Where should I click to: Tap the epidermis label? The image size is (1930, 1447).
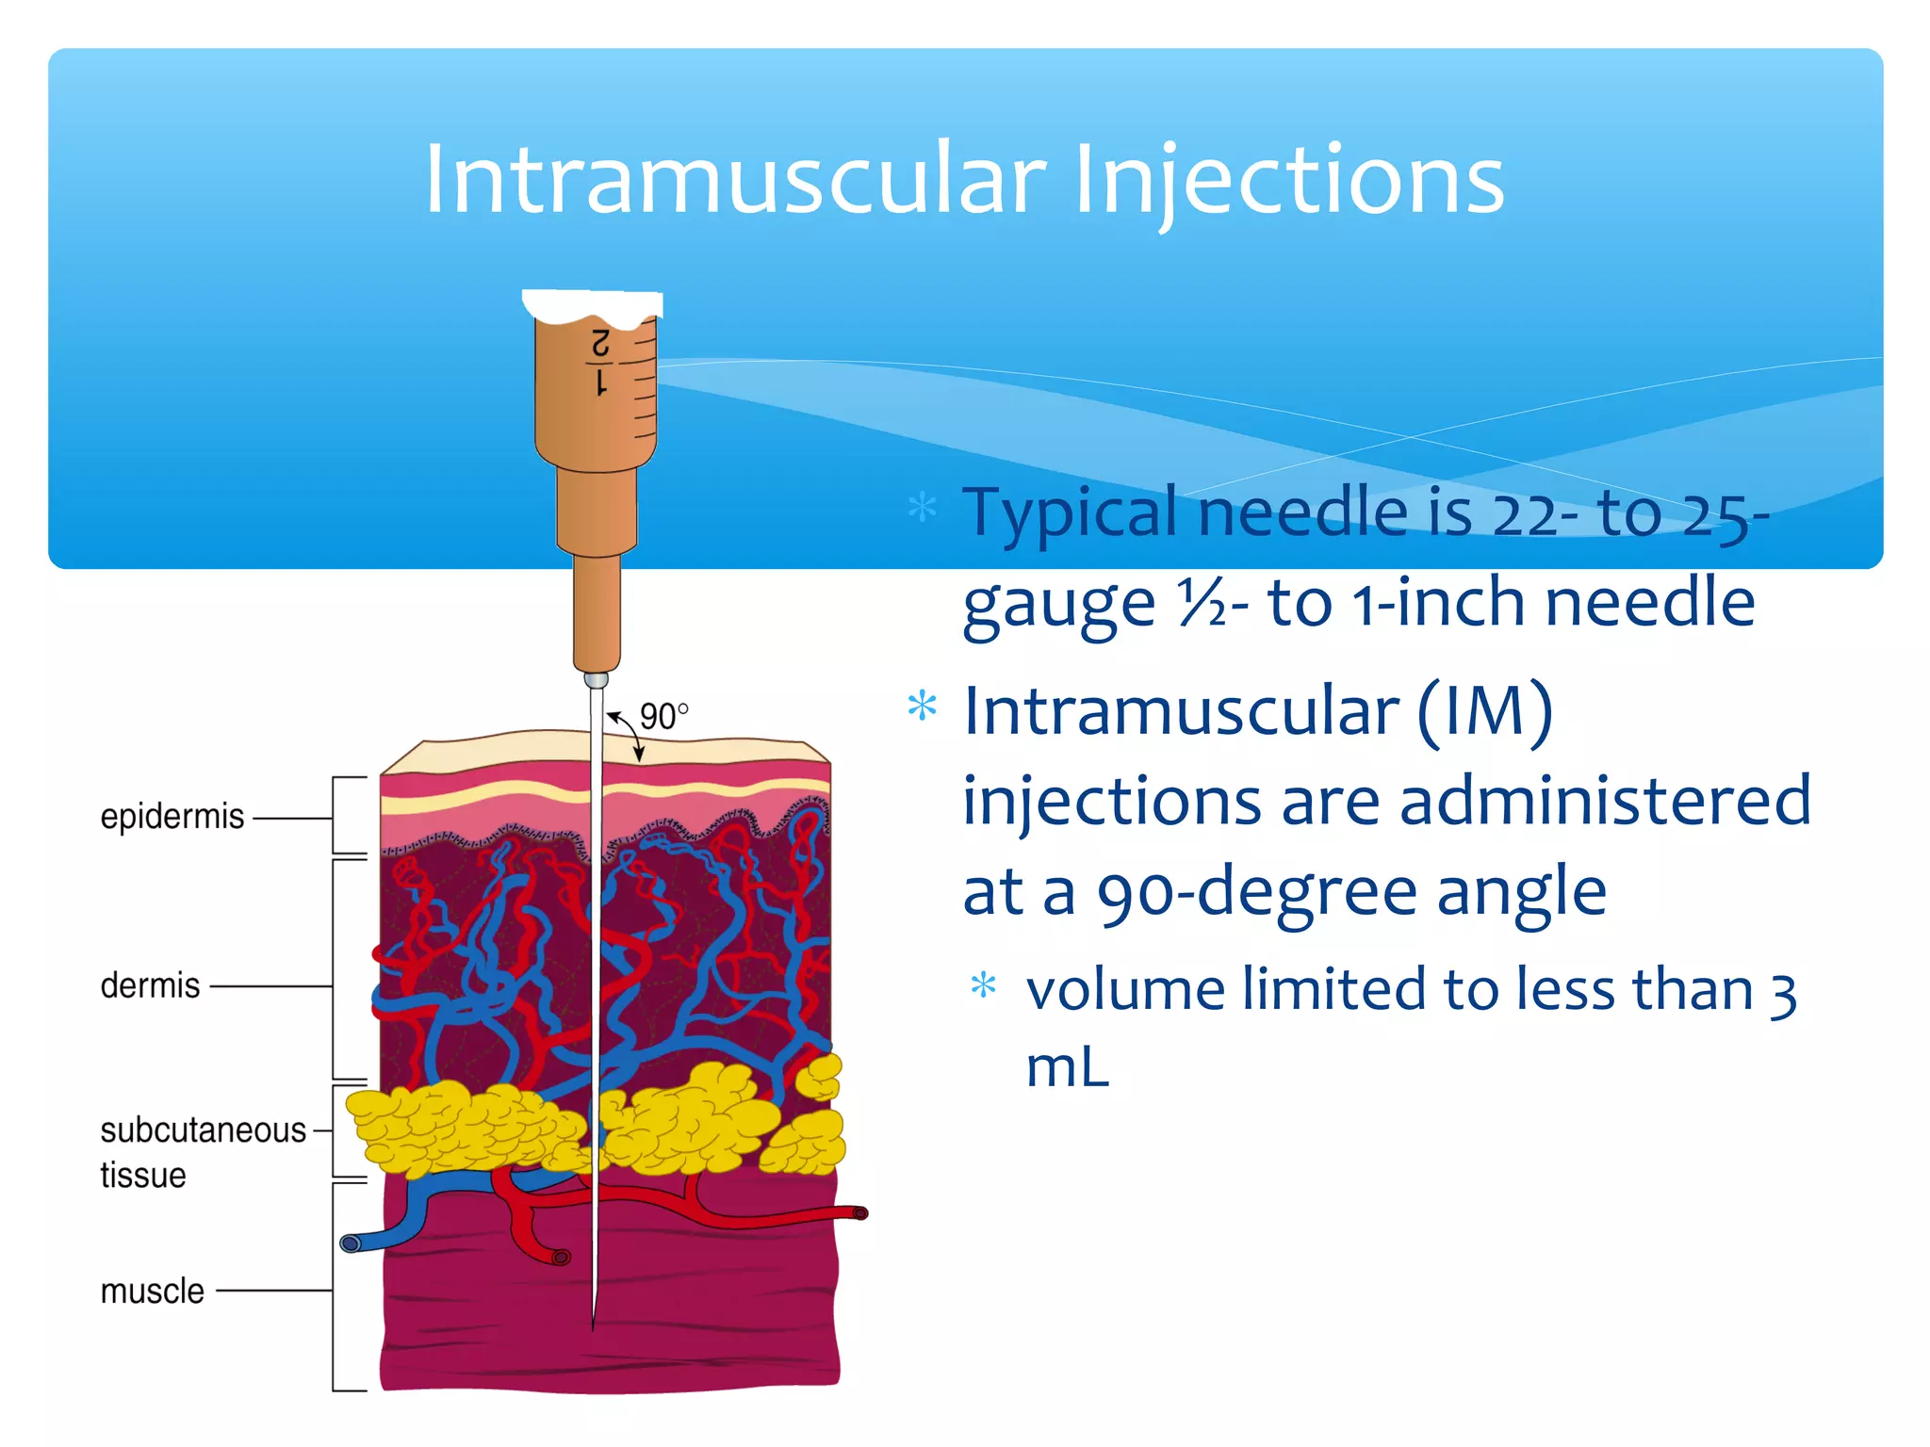click(x=172, y=816)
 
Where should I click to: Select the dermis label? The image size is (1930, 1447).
click(x=150, y=985)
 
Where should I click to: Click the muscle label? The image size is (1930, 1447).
click(x=152, y=1291)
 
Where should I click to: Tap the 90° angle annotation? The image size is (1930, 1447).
click(x=663, y=717)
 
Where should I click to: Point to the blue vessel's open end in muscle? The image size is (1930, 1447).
click(x=351, y=1244)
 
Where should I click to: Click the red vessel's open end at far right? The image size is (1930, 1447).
click(x=859, y=1213)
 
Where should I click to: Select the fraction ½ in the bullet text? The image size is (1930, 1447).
click(x=1201, y=602)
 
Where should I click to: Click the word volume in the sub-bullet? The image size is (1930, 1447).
click(x=1125, y=990)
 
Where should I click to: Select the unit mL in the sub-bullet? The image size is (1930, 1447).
click(x=1067, y=1068)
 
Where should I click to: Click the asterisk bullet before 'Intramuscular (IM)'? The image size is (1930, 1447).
click(x=922, y=707)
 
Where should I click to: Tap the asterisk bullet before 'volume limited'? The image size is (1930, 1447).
click(x=983, y=985)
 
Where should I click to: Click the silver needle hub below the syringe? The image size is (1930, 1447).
click(x=596, y=680)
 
